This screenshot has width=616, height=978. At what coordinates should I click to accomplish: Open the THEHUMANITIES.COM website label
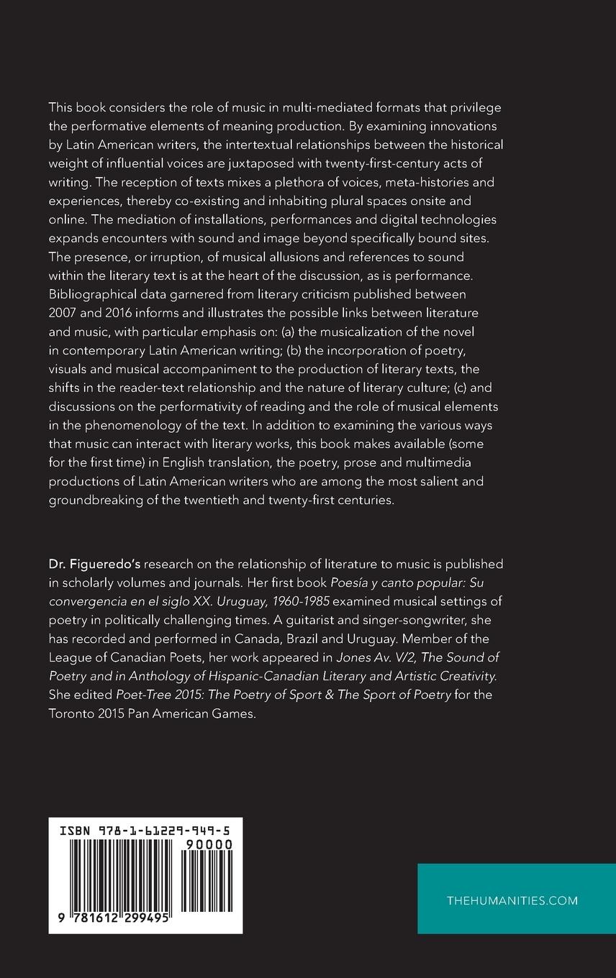tap(512, 900)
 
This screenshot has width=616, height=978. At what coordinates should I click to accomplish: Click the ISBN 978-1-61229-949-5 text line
tap(145, 830)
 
